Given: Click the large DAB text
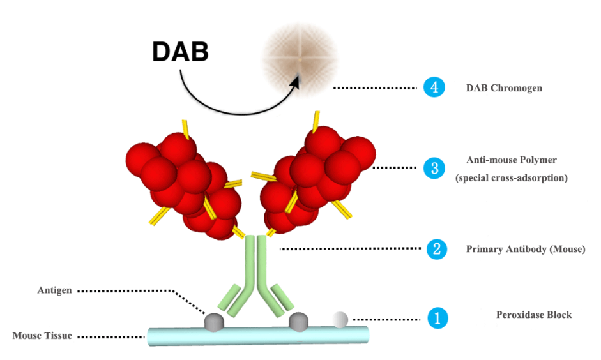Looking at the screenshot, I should (x=181, y=52).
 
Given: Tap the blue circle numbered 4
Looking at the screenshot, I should (x=434, y=87).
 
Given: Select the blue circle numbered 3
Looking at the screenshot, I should (x=434, y=168).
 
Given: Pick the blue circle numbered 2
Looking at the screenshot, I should (x=436, y=249).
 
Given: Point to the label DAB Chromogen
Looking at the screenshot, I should (x=504, y=88).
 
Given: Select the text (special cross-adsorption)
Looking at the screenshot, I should (x=511, y=178).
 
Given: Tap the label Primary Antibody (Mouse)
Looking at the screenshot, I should (x=526, y=249).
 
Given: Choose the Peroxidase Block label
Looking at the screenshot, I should (x=534, y=315).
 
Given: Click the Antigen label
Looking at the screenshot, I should (x=54, y=290).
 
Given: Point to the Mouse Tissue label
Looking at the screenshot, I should (x=43, y=335).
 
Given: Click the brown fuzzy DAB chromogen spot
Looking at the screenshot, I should (x=299, y=61).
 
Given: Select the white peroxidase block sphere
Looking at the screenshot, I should (x=340, y=319).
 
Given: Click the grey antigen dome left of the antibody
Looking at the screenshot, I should (x=213, y=322).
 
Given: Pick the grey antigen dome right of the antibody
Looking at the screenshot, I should (x=298, y=321).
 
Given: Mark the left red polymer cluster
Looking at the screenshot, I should (x=182, y=181).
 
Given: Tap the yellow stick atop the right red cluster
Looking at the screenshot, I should (x=316, y=121).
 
